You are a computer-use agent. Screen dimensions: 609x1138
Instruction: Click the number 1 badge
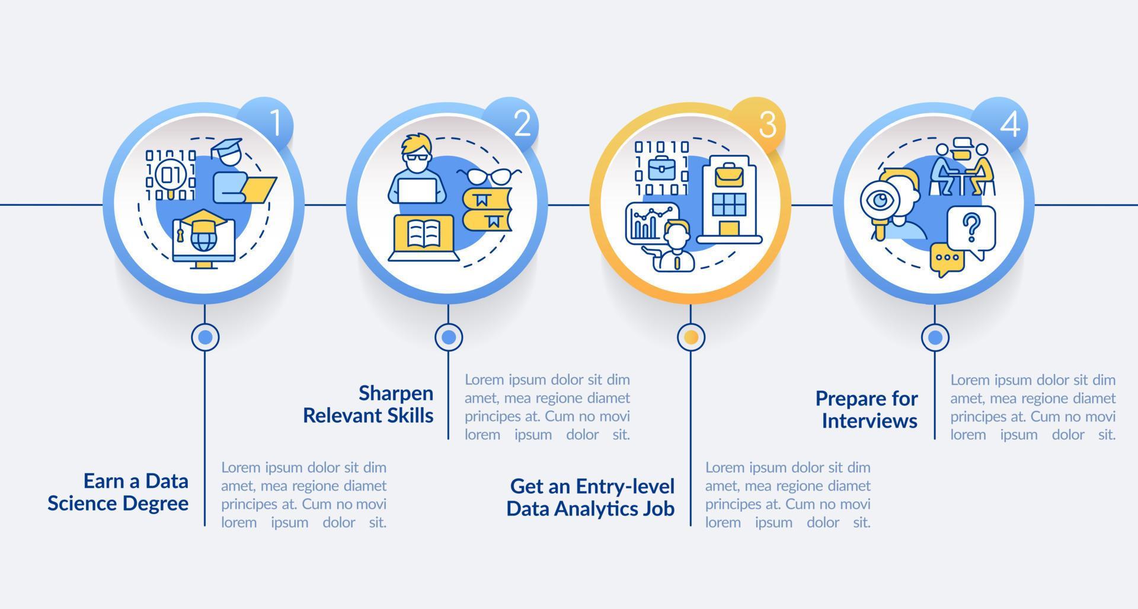pos(274,123)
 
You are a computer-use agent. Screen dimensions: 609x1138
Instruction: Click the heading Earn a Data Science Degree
pos(118,492)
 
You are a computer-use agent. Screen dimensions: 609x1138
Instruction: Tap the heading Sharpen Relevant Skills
pos(368,404)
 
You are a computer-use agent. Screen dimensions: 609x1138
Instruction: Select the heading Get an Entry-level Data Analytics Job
pos(590,497)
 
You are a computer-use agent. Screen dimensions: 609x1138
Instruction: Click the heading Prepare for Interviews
pos(867,409)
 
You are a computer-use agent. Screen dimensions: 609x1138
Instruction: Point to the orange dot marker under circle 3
pos(691,337)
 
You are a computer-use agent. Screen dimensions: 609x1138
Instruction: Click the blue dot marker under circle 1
pos(205,337)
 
